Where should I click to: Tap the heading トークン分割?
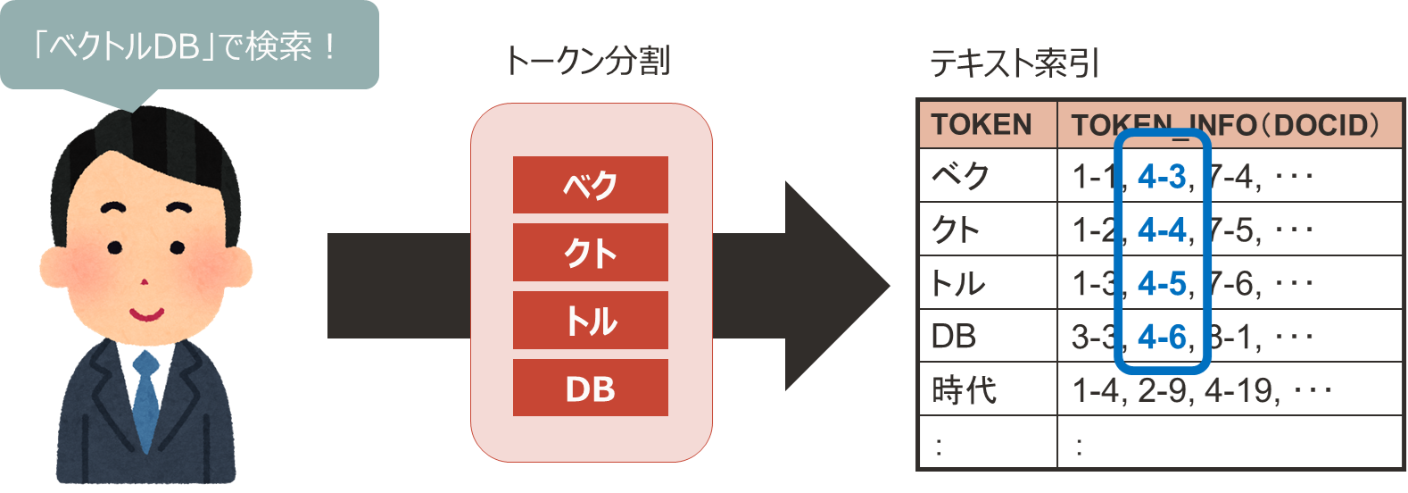[x=587, y=61]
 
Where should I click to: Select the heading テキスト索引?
[x=1015, y=63]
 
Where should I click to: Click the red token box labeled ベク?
[x=590, y=185]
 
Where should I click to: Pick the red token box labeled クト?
[x=590, y=253]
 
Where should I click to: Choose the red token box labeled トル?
[x=590, y=321]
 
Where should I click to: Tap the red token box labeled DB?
[x=590, y=389]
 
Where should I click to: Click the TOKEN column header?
[x=981, y=124]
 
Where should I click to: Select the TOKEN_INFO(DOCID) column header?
[x=1227, y=124]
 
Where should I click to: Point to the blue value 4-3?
[x=1162, y=177]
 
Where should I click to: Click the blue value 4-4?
[x=1162, y=230]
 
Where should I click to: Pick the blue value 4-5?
[x=1162, y=284]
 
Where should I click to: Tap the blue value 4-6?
[x=1162, y=337]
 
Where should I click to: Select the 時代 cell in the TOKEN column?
[x=964, y=390]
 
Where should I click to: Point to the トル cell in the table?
[x=958, y=284]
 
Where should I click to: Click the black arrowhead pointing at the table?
[x=834, y=286]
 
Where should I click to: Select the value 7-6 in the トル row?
[x=1233, y=284]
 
